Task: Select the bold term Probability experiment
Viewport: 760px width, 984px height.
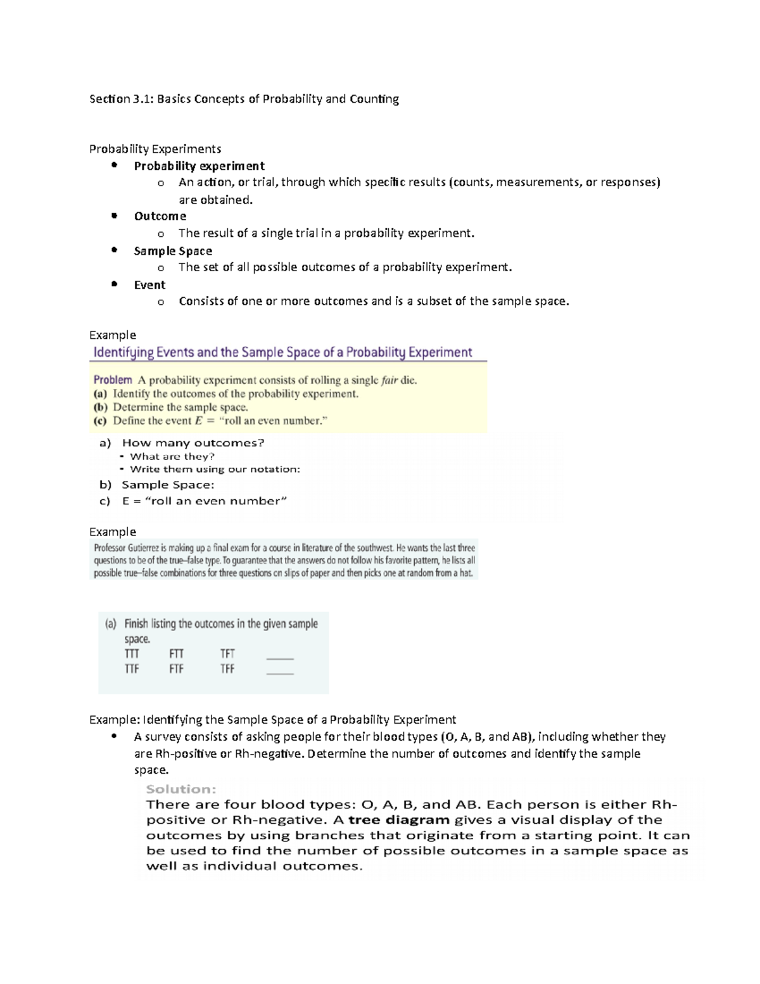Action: (199, 166)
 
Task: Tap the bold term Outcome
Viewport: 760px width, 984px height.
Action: (160, 216)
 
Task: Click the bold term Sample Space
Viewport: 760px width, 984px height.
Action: (173, 251)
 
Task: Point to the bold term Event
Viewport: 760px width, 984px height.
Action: (149, 285)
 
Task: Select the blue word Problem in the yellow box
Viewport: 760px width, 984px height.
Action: (113, 380)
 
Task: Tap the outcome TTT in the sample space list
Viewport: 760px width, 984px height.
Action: (132, 653)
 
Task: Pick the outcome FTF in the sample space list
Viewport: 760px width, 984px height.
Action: (176, 668)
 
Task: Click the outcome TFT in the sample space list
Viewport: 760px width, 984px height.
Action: (227, 653)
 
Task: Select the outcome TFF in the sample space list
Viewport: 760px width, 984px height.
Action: (227, 668)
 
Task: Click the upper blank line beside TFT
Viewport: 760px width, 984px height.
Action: (280, 658)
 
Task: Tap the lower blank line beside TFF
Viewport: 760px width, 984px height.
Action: (280, 673)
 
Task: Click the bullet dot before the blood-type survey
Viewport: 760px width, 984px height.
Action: (114, 736)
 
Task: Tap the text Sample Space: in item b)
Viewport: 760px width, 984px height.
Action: (168, 485)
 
